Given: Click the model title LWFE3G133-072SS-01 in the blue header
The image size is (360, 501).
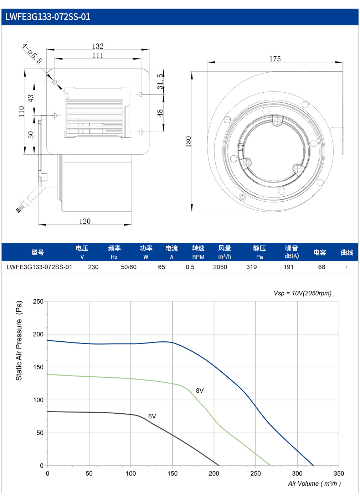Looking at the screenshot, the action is [x=48, y=17].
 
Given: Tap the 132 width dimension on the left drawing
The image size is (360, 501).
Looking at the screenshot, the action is [x=98, y=46].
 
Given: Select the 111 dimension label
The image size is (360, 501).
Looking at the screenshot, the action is [x=98, y=55].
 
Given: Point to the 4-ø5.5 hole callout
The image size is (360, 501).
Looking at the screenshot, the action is [x=32, y=54].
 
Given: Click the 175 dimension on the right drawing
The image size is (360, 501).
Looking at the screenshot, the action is [x=275, y=59].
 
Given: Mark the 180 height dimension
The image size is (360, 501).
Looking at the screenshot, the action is [x=189, y=141].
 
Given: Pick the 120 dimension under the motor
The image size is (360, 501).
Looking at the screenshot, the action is [x=85, y=221].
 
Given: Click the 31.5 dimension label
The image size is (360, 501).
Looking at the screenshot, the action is [x=160, y=82].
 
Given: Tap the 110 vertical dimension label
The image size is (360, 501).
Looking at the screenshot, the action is [x=21, y=112].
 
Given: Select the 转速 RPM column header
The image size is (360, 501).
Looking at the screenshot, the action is [x=198, y=252].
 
